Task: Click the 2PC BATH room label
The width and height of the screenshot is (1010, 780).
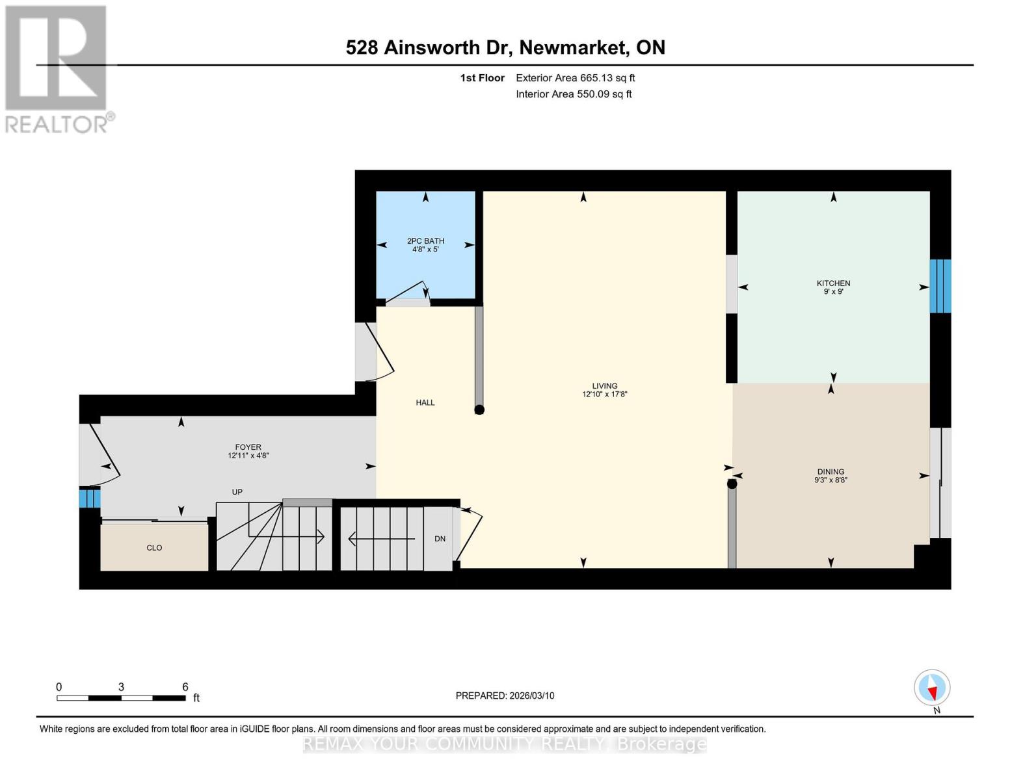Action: click(425, 240)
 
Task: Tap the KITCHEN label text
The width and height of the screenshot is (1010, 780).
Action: click(833, 283)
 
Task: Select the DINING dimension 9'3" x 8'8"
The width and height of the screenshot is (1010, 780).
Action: click(831, 480)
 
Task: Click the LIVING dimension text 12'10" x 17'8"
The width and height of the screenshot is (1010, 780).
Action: click(604, 394)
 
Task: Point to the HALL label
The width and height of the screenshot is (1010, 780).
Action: click(425, 402)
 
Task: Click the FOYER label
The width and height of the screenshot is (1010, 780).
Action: click(248, 447)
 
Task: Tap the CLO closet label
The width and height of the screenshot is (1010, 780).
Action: click(154, 548)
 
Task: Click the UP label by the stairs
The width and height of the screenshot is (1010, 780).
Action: click(237, 492)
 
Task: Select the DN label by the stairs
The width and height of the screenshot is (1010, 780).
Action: click(440, 539)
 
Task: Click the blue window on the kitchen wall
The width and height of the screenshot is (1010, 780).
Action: click(940, 286)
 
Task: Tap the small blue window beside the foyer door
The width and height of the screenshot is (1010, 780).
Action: click(89, 499)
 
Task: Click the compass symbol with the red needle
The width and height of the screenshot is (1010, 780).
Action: click(932, 688)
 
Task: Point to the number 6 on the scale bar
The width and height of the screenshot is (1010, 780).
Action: click(185, 687)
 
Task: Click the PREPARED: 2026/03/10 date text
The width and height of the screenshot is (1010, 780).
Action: click(505, 695)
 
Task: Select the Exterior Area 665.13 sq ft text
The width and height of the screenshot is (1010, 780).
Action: click(575, 78)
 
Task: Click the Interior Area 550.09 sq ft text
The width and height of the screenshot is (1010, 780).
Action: click(574, 94)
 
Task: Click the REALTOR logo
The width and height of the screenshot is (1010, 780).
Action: click(57, 68)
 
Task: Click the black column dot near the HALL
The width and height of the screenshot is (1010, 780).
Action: click(479, 409)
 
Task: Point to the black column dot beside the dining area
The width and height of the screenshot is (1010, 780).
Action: click(732, 484)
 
